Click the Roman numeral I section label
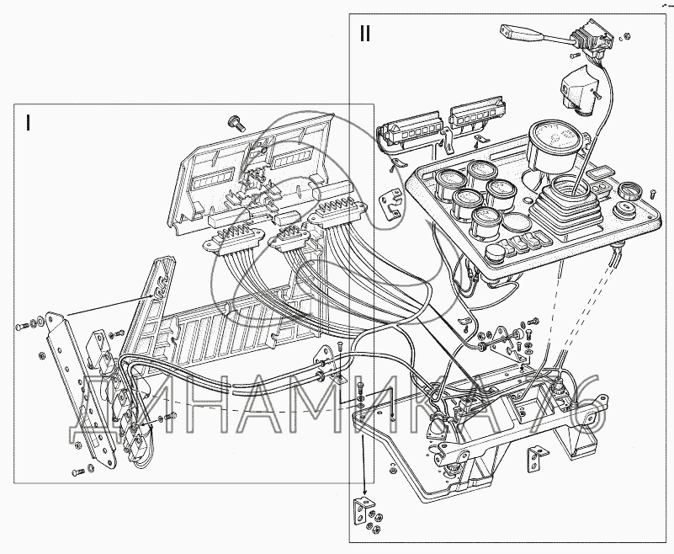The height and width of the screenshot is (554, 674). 29,123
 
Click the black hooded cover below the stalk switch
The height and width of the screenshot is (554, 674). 575,88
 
